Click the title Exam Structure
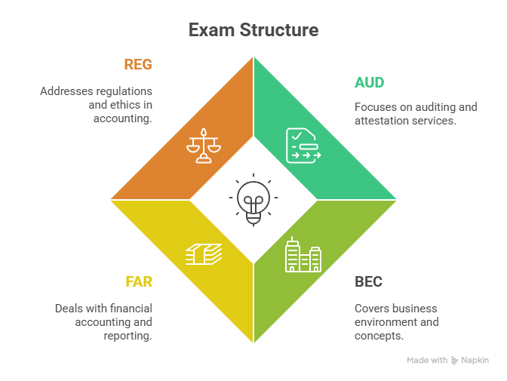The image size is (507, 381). tap(253, 30)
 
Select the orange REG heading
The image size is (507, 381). tap(138, 65)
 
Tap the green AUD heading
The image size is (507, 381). tap(370, 81)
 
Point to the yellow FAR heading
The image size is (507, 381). tap(139, 282)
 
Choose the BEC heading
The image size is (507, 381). tap(368, 282)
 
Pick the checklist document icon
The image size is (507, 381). tap(303, 146)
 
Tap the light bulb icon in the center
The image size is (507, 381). tap(253, 200)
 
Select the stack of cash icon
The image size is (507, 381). tap(204, 254)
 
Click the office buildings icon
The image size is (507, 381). tap(303, 256)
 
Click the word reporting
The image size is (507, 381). tap(128, 336)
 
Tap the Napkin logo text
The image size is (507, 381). tap(475, 361)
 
